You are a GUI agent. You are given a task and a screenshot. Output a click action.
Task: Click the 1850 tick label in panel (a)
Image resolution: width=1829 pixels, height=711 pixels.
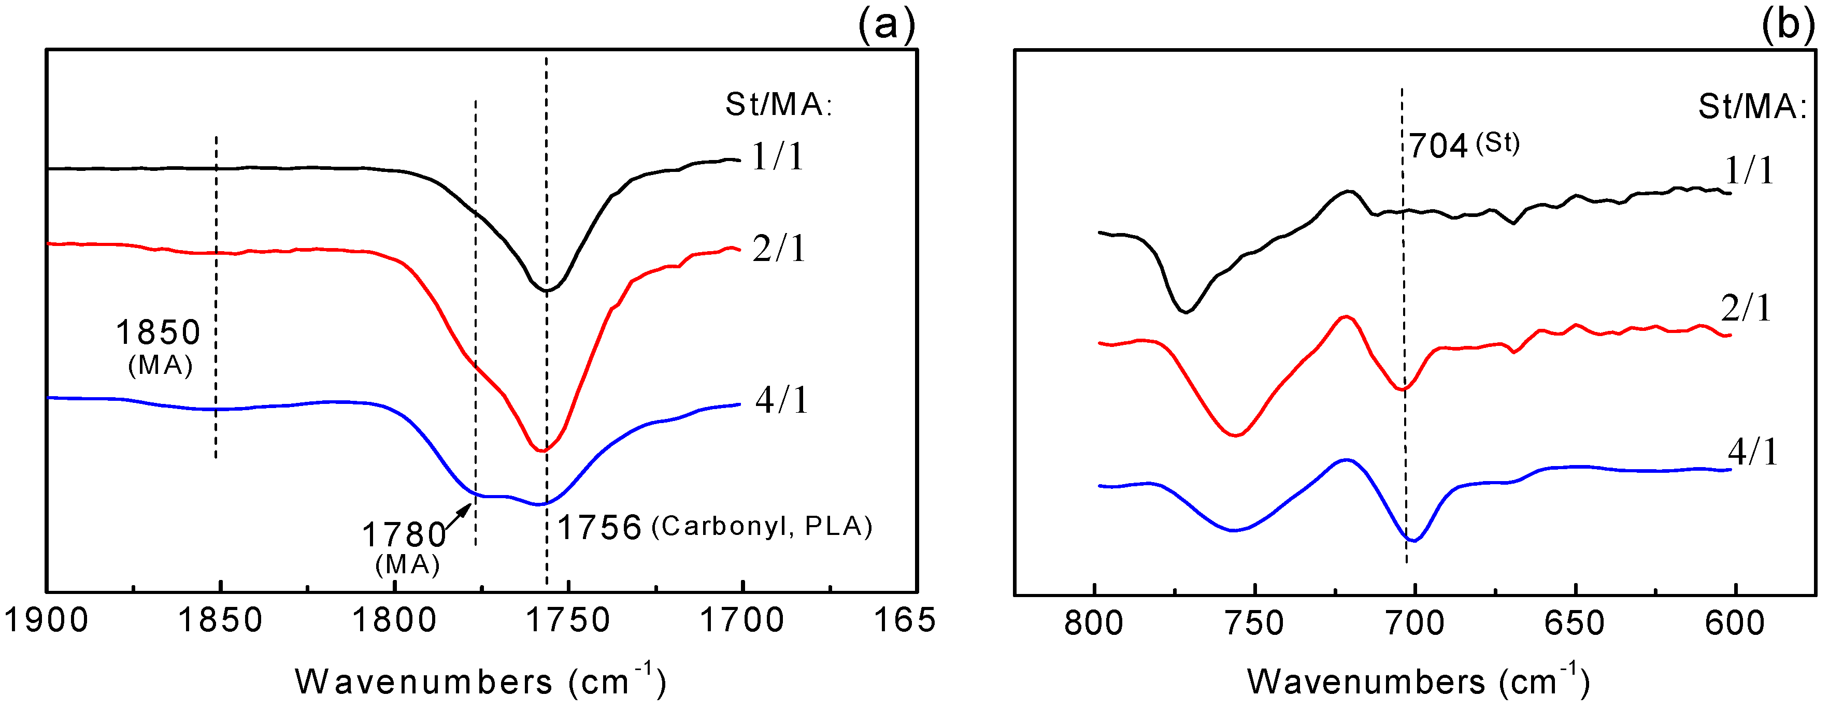220,621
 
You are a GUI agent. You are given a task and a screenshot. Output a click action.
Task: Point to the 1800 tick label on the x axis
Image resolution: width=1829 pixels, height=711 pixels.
394,621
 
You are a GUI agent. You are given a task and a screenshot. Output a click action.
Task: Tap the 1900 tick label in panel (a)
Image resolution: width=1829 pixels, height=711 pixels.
46,621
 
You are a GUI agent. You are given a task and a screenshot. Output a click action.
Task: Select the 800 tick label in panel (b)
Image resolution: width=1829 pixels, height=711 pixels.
1094,623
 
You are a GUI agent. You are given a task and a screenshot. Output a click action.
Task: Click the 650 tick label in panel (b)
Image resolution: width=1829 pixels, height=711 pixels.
1575,623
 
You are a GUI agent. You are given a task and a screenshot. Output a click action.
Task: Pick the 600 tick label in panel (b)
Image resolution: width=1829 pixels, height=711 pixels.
1735,623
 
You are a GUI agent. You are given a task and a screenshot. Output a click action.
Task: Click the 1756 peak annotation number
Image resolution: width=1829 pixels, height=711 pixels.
600,528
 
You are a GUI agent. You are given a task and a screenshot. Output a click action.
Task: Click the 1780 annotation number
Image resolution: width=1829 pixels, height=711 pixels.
404,535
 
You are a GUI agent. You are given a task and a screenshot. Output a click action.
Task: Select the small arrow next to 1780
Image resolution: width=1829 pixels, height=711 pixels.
458,516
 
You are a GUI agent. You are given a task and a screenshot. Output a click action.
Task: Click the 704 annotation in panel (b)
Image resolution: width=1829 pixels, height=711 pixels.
1438,146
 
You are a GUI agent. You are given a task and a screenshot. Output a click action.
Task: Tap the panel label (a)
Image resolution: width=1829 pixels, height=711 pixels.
887,25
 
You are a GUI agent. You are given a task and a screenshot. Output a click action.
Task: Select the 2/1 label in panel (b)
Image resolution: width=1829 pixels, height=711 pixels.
1747,308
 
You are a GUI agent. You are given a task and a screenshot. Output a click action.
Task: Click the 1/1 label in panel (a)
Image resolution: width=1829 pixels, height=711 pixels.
778,156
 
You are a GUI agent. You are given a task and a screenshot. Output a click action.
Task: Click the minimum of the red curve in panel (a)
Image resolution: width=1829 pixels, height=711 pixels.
542,451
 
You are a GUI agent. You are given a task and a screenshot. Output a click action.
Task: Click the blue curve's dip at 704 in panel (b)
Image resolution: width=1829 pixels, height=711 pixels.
1413,541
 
